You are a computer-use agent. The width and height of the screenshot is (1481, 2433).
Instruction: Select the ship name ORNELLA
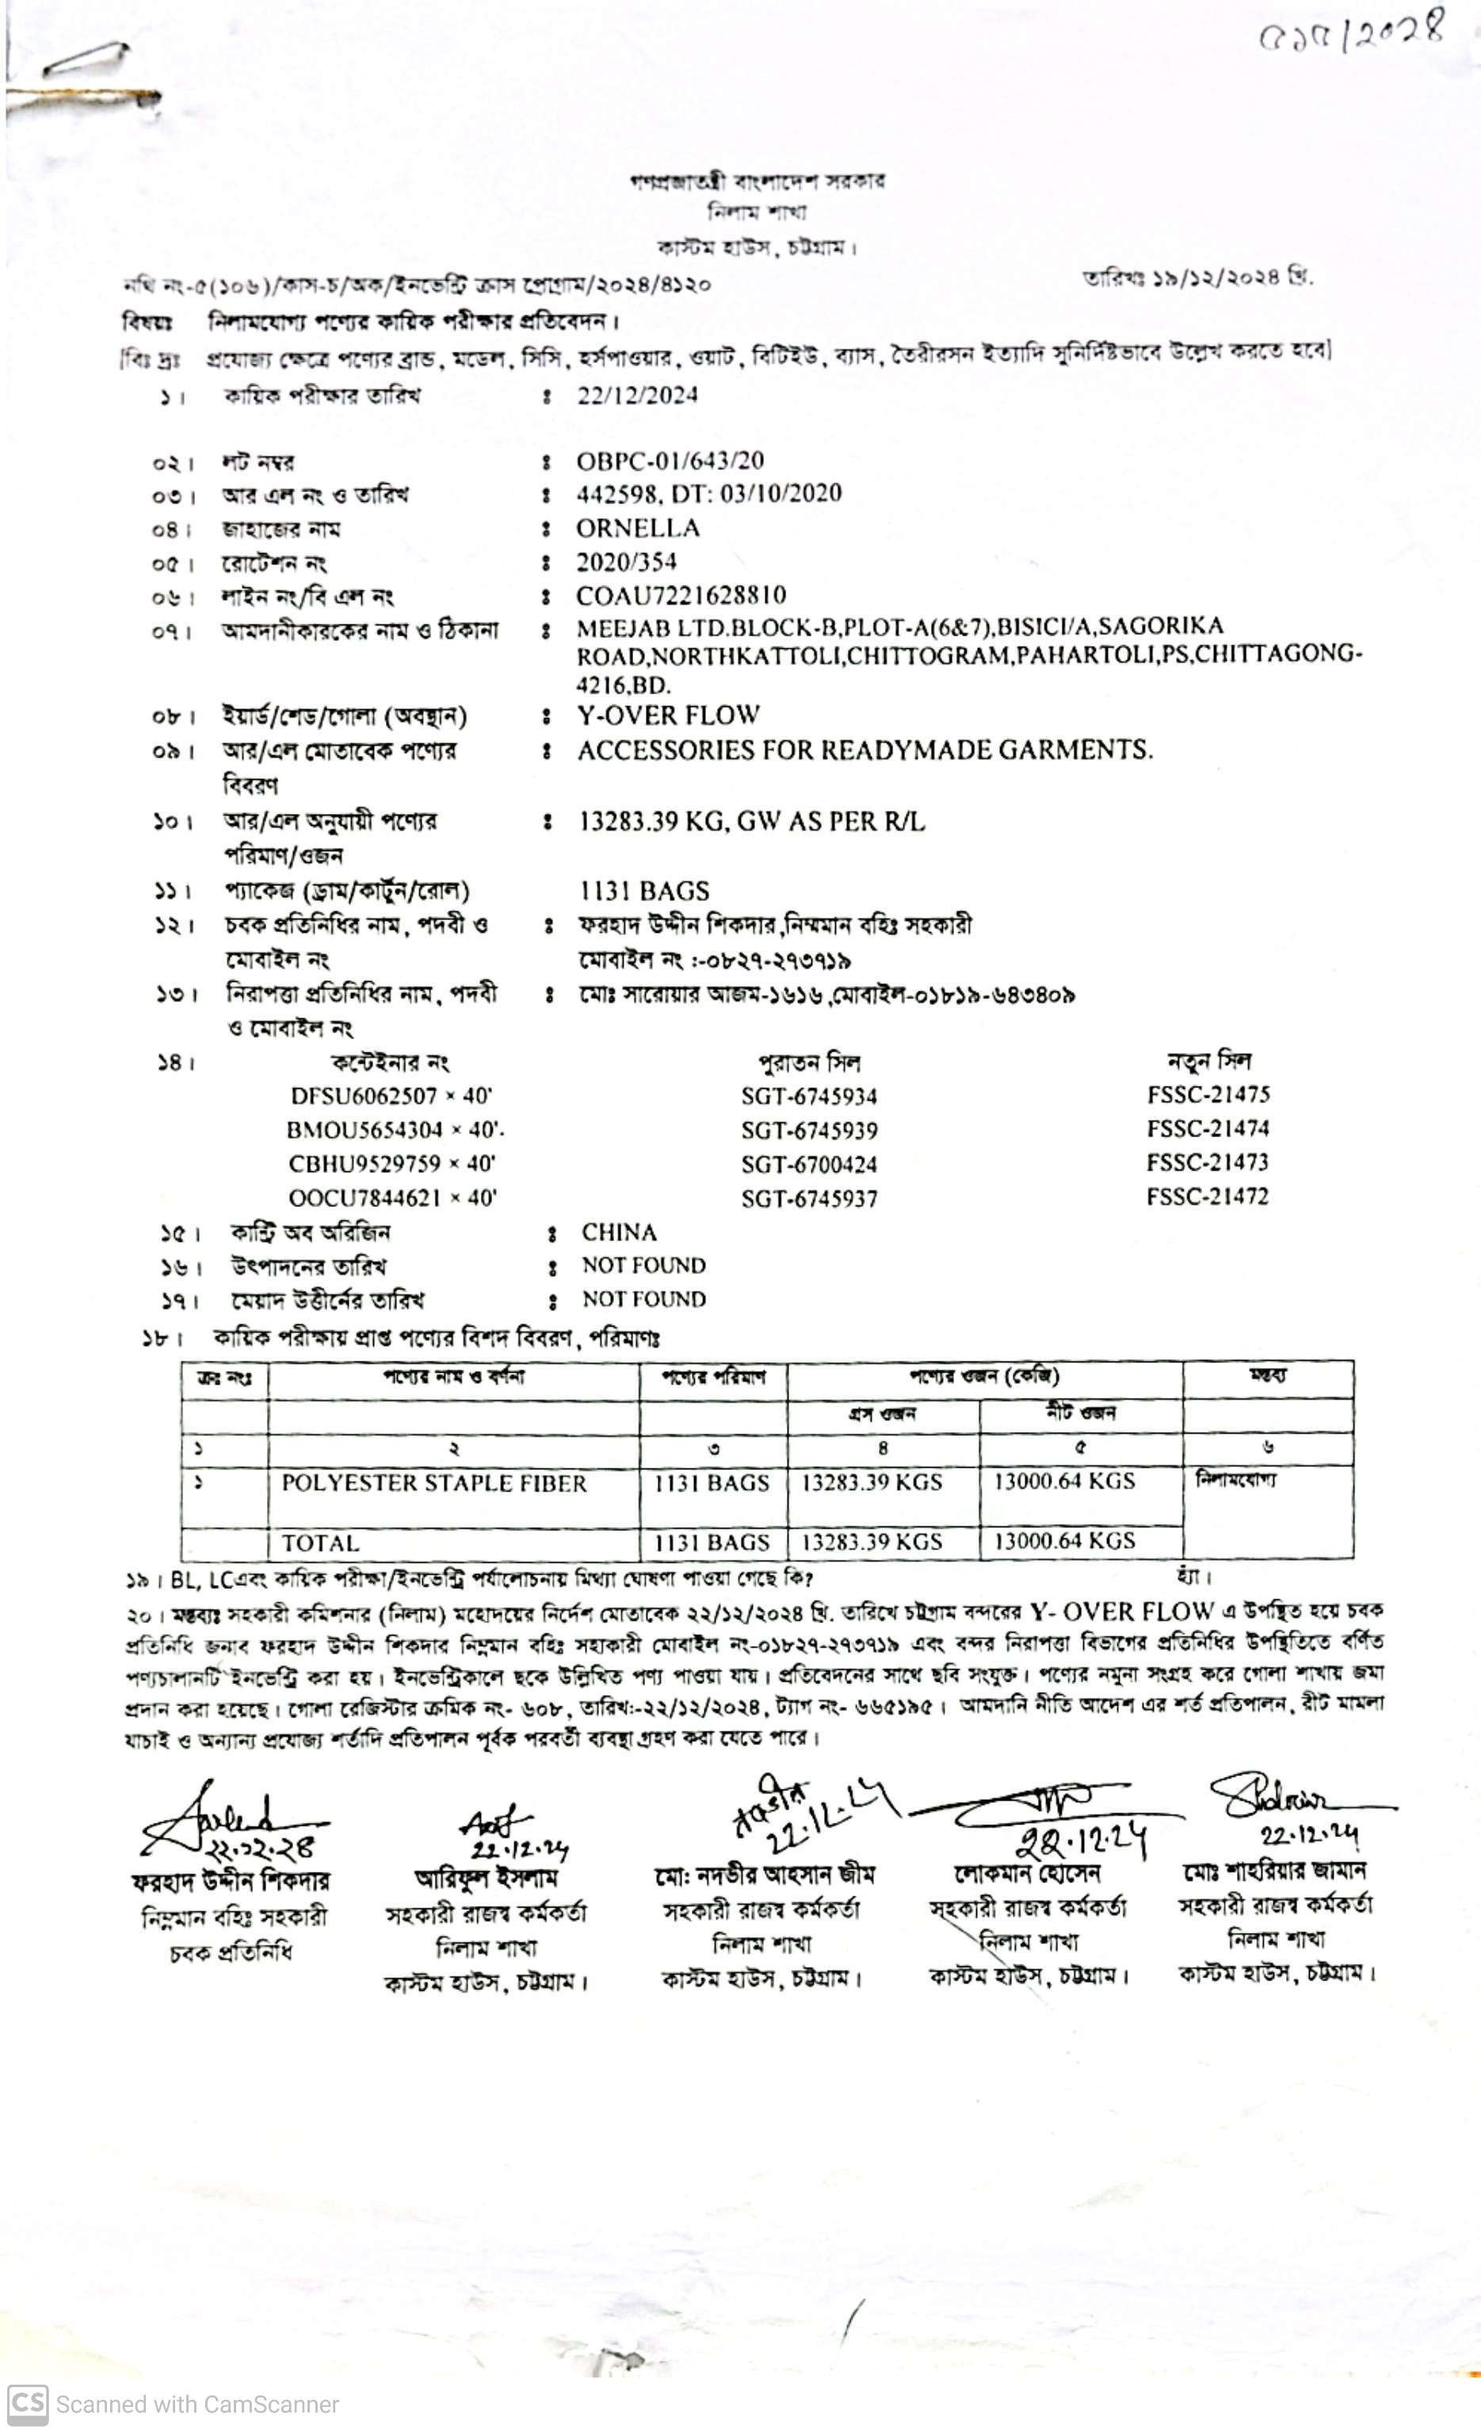pos(638,529)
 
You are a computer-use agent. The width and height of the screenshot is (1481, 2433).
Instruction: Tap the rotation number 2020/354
pos(627,562)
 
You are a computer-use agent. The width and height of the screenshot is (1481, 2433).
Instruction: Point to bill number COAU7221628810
pos(681,595)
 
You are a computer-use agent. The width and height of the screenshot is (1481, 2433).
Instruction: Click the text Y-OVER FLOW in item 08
pos(669,715)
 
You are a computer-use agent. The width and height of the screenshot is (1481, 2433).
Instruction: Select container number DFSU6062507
pos(364,1096)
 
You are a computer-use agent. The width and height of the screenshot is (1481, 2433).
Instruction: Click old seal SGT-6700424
pos(808,1165)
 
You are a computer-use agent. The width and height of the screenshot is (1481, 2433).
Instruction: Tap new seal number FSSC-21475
pos(1208,1095)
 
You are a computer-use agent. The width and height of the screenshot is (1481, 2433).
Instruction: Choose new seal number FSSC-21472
pos(1207,1197)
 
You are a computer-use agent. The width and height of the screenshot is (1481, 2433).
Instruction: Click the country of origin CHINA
pos(619,1232)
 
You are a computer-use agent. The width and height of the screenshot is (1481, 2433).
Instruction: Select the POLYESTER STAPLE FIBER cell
pos(433,1483)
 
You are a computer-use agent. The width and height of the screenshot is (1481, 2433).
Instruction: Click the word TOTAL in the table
pos(320,1543)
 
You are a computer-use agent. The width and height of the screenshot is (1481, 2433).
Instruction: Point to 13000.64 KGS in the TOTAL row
pos(1063,1541)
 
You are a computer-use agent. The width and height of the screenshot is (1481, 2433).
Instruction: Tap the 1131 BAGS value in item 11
pos(643,892)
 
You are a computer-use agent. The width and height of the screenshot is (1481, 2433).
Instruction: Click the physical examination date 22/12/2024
pos(637,396)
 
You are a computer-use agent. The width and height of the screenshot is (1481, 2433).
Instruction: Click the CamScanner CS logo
pos(27,2402)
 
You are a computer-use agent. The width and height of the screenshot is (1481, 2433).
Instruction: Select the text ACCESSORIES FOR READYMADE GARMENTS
pos(864,751)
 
